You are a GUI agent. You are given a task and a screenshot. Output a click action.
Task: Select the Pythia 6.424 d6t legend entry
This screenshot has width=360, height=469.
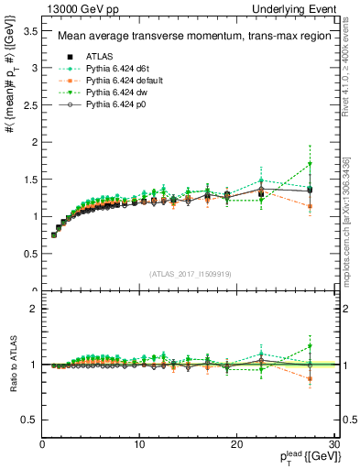(116, 70)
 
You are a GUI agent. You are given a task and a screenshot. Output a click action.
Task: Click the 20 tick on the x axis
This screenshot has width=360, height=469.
(236, 444)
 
